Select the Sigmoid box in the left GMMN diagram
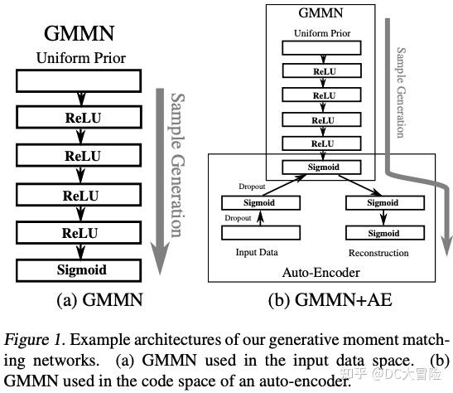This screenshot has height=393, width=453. [x=81, y=270]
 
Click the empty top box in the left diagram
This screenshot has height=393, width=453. [x=81, y=80]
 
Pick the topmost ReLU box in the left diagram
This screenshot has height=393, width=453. [x=81, y=118]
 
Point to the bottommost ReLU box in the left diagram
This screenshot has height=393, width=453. [x=81, y=234]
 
